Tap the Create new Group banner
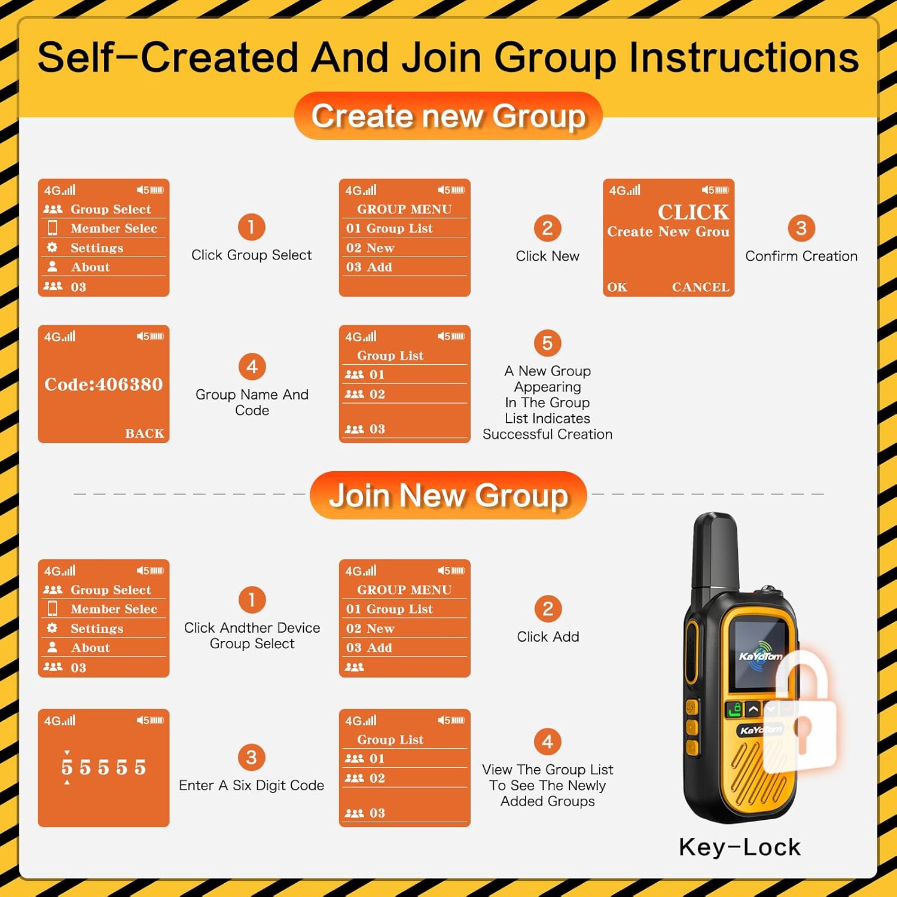click(448, 115)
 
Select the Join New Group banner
click(448, 495)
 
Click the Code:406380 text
click(103, 384)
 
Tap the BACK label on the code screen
click(145, 433)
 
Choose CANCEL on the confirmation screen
click(701, 287)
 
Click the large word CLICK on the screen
click(694, 212)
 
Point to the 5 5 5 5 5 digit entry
click(103, 767)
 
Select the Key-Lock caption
click(740, 847)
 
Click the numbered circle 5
click(547, 343)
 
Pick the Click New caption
click(547, 256)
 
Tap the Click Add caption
click(548, 637)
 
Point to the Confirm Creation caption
click(801, 256)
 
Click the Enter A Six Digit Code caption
click(251, 785)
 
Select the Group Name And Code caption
click(252, 402)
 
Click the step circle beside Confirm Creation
click(801, 228)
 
